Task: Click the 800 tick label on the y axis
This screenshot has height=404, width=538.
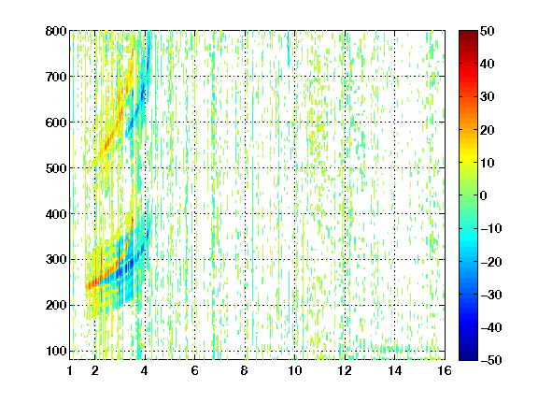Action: pyautogui.click(x=56, y=31)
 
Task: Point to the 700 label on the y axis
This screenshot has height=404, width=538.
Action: pyautogui.click(x=56, y=77)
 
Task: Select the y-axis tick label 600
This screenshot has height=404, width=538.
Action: pyautogui.click(x=56, y=123)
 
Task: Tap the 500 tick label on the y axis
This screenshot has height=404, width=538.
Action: pyautogui.click(x=56, y=168)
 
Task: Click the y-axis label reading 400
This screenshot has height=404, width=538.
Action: pyautogui.click(x=56, y=214)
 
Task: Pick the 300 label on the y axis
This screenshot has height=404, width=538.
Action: pyautogui.click(x=56, y=260)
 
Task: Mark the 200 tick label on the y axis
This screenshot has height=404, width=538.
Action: pyautogui.click(x=56, y=306)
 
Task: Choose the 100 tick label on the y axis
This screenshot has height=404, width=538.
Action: pyautogui.click(x=56, y=351)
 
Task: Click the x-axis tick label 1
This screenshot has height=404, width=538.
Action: pyautogui.click(x=70, y=370)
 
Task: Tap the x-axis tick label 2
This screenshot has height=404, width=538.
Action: pyautogui.click(x=95, y=370)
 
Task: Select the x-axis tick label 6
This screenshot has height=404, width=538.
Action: pyautogui.click(x=194, y=370)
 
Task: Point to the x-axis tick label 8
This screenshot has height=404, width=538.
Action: pyautogui.click(x=245, y=370)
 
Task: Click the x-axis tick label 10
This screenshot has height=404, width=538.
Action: pyautogui.click(x=294, y=370)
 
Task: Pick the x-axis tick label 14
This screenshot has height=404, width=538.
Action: pyautogui.click(x=394, y=370)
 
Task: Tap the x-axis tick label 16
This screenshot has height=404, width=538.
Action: pyautogui.click(x=445, y=370)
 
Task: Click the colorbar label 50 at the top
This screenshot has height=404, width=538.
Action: pyautogui.click(x=487, y=31)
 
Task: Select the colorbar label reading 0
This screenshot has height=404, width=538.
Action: pyautogui.click(x=484, y=195)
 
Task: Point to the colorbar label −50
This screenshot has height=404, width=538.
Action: pyautogui.click(x=491, y=360)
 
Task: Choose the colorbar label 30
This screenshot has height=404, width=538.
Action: pyautogui.click(x=487, y=97)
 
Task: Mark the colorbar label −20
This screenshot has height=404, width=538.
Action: pyautogui.click(x=491, y=262)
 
